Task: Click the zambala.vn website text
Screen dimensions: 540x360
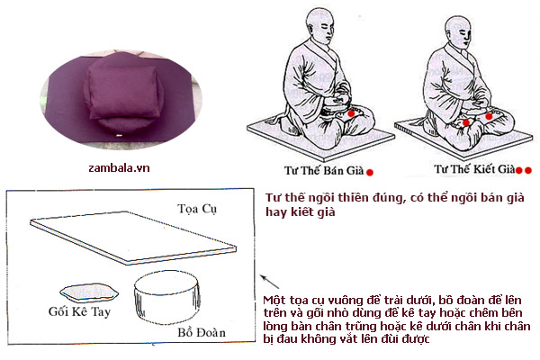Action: (119, 168)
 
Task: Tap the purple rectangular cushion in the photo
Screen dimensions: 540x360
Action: (122, 92)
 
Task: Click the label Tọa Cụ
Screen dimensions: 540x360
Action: (197, 209)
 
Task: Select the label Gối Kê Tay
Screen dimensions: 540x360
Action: (79, 311)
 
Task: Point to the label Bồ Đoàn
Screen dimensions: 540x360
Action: (202, 332)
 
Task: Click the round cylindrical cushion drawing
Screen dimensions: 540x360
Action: (167, 297)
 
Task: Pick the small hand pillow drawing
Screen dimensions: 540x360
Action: (89, 292)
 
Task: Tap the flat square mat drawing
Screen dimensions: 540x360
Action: (133, 238)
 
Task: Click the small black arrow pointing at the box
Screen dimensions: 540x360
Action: (269, 282)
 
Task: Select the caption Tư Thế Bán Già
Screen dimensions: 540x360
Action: (324, 170)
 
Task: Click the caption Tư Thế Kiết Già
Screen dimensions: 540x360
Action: (474, 169)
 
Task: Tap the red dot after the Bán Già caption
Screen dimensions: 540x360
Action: (370, 172)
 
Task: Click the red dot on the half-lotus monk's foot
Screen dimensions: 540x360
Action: (351, 113)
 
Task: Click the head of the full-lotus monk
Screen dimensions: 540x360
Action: (458, 30)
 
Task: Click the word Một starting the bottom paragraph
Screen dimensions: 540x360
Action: (273, 300)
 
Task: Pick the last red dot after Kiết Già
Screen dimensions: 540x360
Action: (528, 170)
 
